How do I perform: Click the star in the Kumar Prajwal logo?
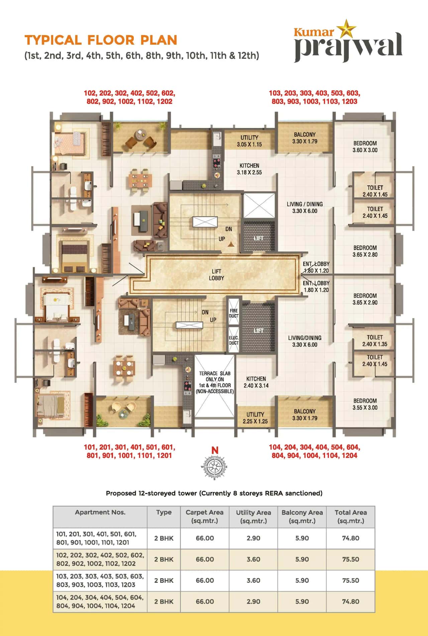(346, 29)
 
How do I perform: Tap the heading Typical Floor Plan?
(101, 40)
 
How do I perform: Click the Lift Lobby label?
(216, 275)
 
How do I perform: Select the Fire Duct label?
(233, 313)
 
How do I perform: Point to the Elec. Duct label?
(233, 340)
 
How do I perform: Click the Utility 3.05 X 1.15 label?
(249, 141)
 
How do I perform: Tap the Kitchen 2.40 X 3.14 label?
(256, 382)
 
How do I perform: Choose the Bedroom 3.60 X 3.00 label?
(365, 147)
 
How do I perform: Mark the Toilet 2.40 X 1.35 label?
(374, 341)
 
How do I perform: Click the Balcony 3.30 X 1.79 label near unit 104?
(305, 415)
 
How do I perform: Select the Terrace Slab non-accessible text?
(215, 382)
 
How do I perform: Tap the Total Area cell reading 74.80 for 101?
(350, 538)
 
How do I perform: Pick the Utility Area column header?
(253, 516)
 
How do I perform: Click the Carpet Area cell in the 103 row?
(205, 580)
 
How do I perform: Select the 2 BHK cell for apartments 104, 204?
(164, 601)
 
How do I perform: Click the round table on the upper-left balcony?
(140, 134)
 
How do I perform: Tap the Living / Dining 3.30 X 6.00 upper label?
(305, 207)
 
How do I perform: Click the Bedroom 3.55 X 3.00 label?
(365, 404)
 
